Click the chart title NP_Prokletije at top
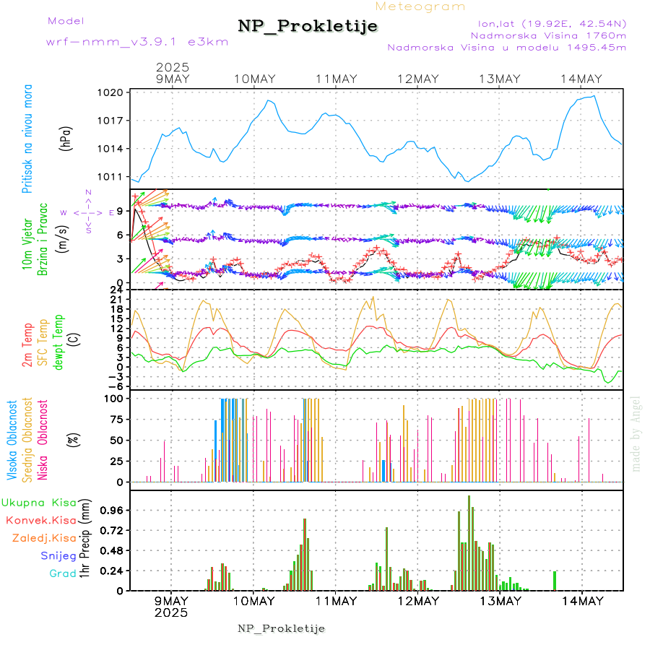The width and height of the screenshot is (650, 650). click(308, 27)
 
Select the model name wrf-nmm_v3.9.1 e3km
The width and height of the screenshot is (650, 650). click(137, 42)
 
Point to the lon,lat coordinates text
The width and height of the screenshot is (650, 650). click(549, 22)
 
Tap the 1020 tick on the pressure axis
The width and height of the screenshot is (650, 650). click(111, 92)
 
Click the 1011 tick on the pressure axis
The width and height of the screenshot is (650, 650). click(111, 176)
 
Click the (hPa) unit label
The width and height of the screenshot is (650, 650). click(66, 138)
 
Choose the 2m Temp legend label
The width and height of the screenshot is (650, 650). click(27, 345)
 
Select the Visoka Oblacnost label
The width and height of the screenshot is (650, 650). click(13, 441)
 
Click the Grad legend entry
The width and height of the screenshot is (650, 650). click(63, 573)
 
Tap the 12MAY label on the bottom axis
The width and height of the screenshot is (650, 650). click(417, 601)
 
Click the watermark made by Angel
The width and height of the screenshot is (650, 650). click(636, 433)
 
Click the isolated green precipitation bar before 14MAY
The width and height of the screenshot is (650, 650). click(555, 581)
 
